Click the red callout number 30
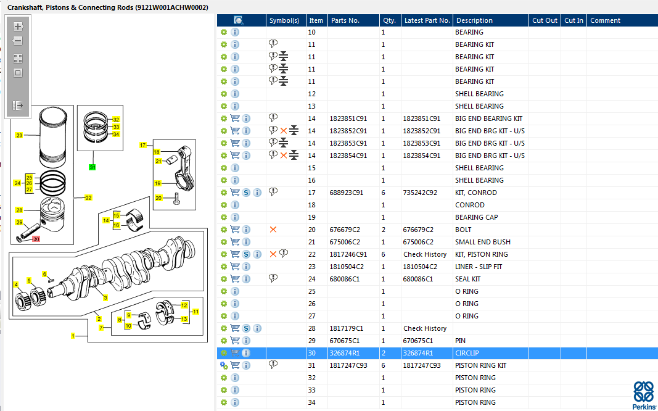(x=36, y=239)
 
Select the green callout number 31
(x=93, y=167)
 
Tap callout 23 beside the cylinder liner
(x=19, y=135)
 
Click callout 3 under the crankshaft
(x=105, y=297)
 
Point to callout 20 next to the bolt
(x=158, y=198)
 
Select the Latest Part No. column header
(x=427, y=20)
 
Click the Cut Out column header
(x=545, y=20)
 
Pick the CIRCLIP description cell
(x=467, y=353)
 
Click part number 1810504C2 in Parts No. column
(x=347, y=267)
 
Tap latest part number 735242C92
(x=420, y=193)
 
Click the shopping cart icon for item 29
(x=235, y=341)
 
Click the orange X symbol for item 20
(x=273, y=230)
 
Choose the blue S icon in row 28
(x=246, y=328)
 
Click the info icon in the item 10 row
(x=235, y=32)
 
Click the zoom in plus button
(x=18, y=27)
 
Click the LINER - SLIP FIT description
(x=479, y=267)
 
